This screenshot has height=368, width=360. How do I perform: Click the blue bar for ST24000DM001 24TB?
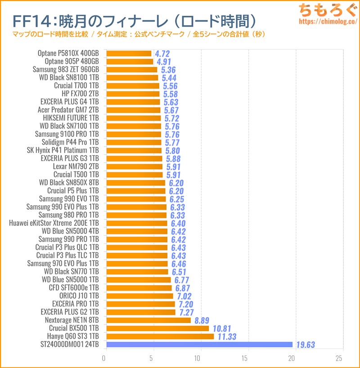(199, 345)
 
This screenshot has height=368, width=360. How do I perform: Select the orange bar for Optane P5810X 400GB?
(129, 54)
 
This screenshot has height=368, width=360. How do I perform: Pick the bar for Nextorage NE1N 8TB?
(148, 320)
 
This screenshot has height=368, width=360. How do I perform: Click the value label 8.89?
(203, 321)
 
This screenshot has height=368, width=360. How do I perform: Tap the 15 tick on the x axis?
(245, 358)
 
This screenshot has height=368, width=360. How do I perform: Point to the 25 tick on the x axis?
(339, 358)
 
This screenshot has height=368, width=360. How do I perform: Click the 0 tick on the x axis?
(105, 358)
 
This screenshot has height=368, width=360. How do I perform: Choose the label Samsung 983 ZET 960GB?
(66, 70)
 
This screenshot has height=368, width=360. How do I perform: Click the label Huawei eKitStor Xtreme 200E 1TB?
(54, 223)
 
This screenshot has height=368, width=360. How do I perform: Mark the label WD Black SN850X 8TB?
(69, 183)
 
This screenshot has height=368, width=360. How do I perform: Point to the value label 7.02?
(184, 296)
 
